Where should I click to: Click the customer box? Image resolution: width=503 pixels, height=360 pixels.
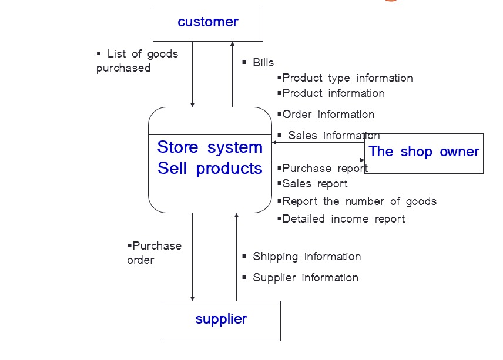[207, 23]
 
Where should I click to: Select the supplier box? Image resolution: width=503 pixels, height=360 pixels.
[221, 320]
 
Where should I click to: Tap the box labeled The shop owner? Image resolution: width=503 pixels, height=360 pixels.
[424, 153]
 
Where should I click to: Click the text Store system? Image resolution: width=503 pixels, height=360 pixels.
[210, 147]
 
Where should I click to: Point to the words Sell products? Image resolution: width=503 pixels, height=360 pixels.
[210, 169]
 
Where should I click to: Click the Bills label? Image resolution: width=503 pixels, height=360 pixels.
[263, 63]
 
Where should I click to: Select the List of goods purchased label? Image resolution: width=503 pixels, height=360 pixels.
[138, 61]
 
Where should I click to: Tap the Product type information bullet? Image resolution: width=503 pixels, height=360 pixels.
[347, 78]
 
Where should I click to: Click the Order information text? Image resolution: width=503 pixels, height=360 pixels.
[327, 115]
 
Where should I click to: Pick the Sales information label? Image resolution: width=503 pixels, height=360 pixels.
[333, 136]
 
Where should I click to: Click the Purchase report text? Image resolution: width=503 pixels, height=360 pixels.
[324, 169]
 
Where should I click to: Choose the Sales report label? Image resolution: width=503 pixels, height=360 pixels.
[314, 184]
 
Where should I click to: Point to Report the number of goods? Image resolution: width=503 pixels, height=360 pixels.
[359, 201]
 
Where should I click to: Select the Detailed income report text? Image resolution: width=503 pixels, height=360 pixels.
[343, 219]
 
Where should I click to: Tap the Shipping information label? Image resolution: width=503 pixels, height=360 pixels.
[306, 257]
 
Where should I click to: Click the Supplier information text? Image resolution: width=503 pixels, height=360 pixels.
[305, 278]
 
